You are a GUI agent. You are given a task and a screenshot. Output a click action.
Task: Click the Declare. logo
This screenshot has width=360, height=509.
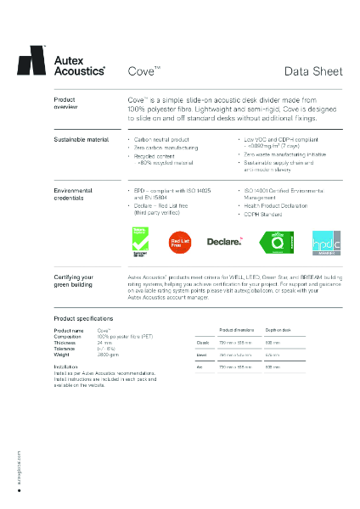(225, 243)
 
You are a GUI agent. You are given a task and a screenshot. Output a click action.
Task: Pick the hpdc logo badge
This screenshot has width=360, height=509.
(325, 242)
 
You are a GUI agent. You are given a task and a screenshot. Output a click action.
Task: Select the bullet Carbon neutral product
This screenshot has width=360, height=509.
(161, 138)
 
